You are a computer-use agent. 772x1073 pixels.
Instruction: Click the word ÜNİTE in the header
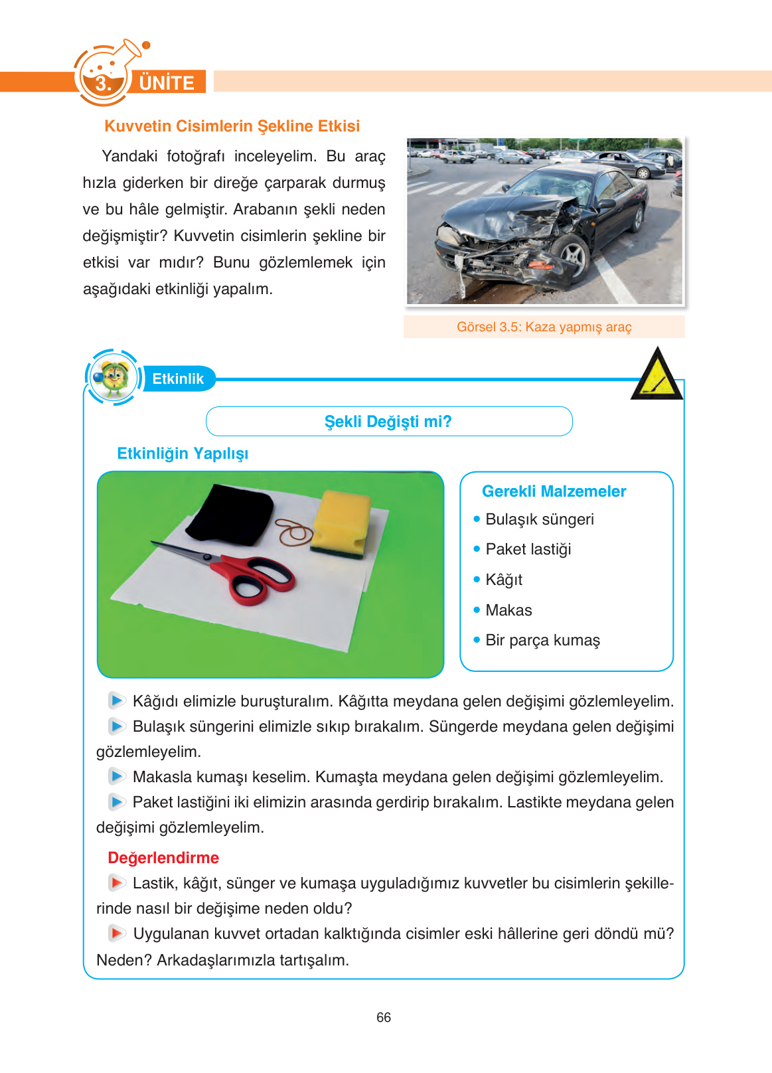pos(167,83)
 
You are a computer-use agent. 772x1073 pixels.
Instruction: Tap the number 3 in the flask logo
pos(103,84)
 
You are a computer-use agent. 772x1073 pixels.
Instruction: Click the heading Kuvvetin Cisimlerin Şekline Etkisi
pos(232,126)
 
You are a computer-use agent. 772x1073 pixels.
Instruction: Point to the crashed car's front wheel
pos(572,257)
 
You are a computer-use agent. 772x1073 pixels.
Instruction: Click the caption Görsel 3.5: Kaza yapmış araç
pos(544,327)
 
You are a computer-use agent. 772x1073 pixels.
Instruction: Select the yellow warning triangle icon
pos(656,377)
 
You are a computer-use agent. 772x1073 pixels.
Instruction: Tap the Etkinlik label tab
pos(178,378)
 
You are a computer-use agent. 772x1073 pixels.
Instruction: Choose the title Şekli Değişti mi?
pos(388,422)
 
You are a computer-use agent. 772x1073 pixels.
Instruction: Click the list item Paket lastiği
pos(528,549)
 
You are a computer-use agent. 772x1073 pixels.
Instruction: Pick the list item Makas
pos(508,610)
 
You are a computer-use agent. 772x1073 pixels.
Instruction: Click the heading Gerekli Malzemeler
pos(554,491)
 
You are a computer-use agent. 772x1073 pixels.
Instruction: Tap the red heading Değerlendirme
pos(163,858)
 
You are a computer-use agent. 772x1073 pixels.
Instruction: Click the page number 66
pos(384,1017)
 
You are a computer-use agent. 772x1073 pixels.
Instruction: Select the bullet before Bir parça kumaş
pos(477,639)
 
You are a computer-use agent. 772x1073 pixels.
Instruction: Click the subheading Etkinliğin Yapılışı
pos(183,454)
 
